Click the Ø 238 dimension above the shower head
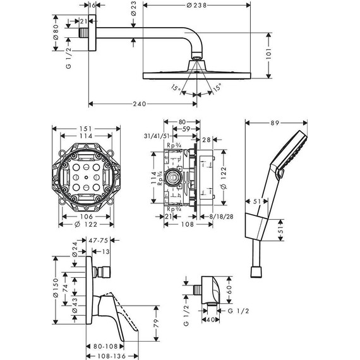coord(197,5)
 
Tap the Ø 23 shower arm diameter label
coord(135,11)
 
